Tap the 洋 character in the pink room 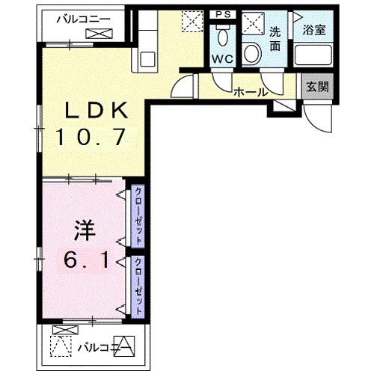coord(84,230)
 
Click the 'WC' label coord(222,58)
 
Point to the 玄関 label coord(316,86)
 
